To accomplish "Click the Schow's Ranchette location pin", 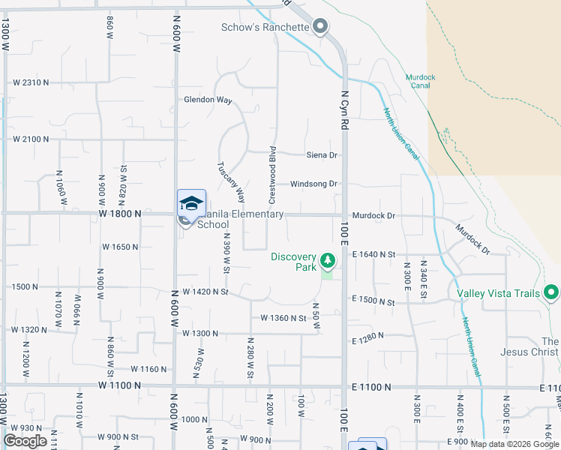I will (320, 27).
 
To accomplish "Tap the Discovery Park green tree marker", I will (327, 261).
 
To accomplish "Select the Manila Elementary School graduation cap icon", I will (191, 203).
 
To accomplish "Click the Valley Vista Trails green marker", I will (552, 292).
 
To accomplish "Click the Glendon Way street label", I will (208, 100).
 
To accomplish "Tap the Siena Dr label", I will (322, 155).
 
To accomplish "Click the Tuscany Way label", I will (231, 182).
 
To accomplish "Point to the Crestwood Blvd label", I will (273, 175).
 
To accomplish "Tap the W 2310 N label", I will (31, 82).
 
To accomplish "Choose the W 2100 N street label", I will (31, 139).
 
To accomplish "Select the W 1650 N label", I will (121, 247).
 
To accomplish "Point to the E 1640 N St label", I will (373, 255).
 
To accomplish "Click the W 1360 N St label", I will (283, 319).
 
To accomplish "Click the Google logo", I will (25, 441).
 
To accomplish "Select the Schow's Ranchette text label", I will (265, 28).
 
